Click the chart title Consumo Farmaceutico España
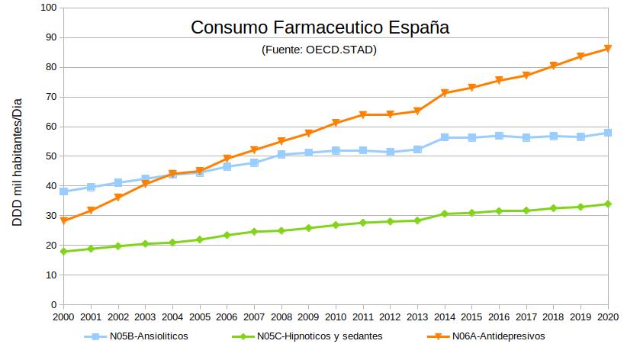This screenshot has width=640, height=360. pos(320,28)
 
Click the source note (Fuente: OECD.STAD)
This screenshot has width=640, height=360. pos(319,50)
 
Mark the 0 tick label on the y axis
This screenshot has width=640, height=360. pos(53,305)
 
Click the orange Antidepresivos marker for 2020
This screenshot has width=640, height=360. pos(608,49)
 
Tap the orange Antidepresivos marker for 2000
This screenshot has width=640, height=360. pos(64,221)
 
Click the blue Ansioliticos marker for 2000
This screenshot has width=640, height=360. pos(64,191)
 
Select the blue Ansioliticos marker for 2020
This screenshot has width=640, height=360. pos(608,133)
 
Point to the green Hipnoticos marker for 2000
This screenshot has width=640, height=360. pos(64,252)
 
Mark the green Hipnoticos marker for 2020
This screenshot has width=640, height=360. pos(608,204)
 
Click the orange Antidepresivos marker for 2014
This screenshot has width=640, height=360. pos(445,93)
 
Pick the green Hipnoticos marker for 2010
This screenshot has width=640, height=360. pos(336,225)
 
